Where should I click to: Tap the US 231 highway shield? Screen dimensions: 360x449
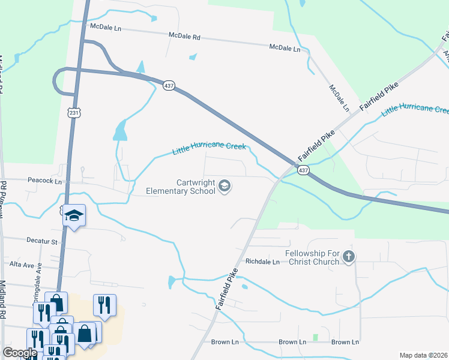point(73,112)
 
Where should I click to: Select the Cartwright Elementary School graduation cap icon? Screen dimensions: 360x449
point(224,187)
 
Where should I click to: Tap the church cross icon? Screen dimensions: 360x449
point(348,257)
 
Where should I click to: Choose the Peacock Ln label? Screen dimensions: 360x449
point(45,181)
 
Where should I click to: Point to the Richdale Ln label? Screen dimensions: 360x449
point(263,262)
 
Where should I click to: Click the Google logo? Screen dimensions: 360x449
point(20,353)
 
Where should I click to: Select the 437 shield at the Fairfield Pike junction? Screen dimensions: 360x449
point(303,170)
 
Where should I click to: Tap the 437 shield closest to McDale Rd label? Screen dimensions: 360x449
point(169,86)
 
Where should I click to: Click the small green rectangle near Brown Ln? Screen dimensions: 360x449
point(315,337)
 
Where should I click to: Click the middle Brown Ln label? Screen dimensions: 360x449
point(292,342)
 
